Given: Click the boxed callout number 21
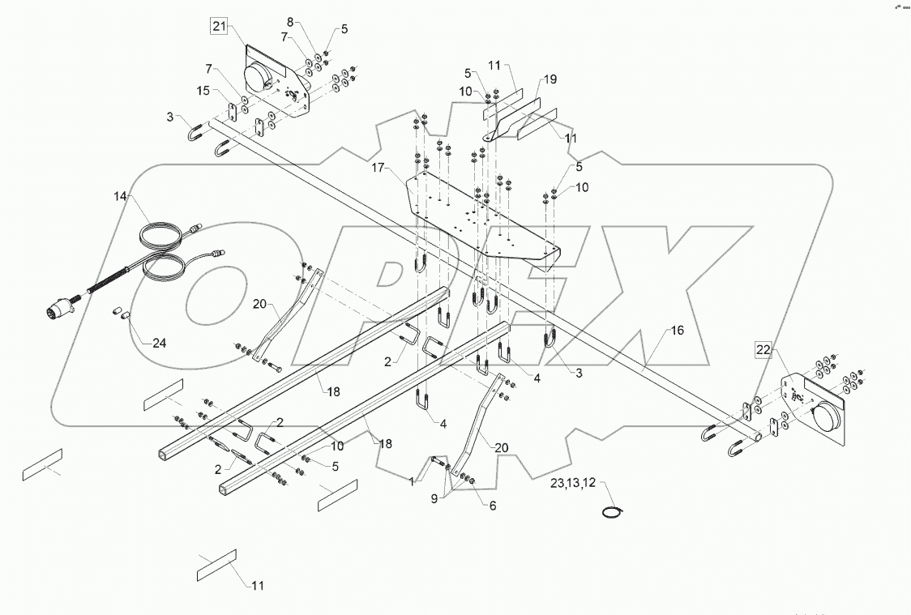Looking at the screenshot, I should coord(219,27).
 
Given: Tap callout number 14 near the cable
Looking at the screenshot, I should coord(121,196).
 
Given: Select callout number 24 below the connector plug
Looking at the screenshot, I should coord(160,342).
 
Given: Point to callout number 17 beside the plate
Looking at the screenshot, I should coord(378,168).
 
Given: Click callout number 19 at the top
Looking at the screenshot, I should coord(550,80).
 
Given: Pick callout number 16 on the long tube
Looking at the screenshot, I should coord(676,331).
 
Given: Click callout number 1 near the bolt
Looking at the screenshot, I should coord(411,481).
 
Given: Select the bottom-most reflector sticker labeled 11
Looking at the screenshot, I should coord(216,565).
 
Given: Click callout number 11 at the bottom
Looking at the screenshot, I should coord(257,585).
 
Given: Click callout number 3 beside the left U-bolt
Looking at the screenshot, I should coord(170,118).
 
